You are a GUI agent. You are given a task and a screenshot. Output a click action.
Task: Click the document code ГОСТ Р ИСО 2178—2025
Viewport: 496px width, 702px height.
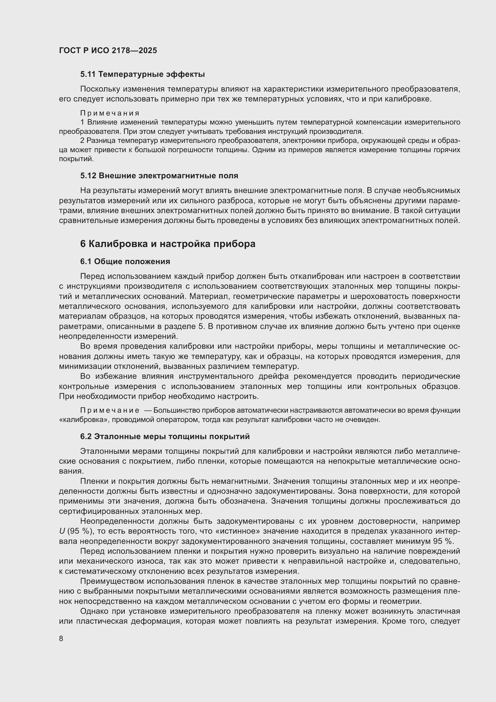coord(108,50)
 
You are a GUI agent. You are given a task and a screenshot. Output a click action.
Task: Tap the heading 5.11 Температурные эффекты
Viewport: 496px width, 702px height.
coord(142,74)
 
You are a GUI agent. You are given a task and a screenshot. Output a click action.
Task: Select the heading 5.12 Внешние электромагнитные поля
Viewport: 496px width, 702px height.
coord(159,176)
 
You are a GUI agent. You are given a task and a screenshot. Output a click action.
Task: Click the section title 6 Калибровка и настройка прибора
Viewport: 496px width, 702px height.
coord(168,244)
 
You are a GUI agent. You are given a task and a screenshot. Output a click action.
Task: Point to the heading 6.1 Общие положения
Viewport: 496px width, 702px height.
coord(125,261)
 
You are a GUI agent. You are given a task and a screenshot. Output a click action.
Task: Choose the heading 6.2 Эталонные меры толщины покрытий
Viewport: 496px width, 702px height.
coord(165,437)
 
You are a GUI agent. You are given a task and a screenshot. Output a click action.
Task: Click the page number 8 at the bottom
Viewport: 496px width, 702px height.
coord(61,638)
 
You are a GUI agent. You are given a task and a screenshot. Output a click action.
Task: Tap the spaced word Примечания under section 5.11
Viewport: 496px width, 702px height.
coord(110,113)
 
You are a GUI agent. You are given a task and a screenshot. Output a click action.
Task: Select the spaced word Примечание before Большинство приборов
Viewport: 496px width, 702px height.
coord(110,410)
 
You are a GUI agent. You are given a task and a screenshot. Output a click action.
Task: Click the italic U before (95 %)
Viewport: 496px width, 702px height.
coord(62,531)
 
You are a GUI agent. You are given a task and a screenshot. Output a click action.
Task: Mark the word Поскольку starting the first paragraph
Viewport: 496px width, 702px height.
coord(100,89)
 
